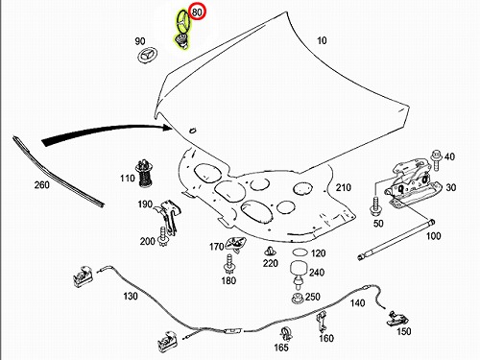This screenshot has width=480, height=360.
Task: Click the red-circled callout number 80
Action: (x=197, y=12)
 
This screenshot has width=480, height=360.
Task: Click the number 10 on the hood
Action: (x=322, y=40)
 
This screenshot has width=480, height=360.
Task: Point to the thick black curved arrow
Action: (x=106, y=132)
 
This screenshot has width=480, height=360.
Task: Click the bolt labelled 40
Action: (x=436, y=160)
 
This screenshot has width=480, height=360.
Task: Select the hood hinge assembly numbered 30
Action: (x=413, y=184)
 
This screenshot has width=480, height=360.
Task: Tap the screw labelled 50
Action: (x=375, y=206)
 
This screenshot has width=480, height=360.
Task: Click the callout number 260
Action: (x=42, y=185)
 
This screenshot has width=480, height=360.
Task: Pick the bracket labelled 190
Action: (x=167, y=217)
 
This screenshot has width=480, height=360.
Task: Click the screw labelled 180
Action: (x=229, y=264)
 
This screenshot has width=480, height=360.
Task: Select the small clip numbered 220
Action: (x=270, y=252)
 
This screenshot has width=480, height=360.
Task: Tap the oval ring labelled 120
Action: (x=300, y=252)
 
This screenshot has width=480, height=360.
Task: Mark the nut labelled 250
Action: (x=298, y=298)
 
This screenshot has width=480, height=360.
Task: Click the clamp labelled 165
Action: (x=286, y=334)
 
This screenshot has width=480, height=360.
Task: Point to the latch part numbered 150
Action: (x=397, y=318)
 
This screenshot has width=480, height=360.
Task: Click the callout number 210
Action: (x=344, y=187)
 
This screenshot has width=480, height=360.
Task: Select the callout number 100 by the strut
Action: (x=433, y=236)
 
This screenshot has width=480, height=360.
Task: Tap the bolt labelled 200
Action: (x=163, y=237)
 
